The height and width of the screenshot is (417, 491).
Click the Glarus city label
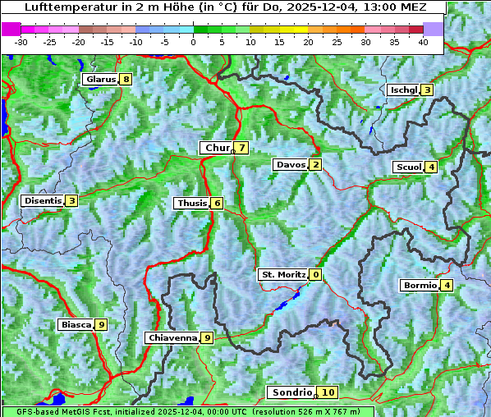pos(99,80)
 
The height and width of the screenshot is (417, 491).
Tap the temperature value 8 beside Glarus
pos(125,80)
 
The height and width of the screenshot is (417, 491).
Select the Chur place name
pos(217,148)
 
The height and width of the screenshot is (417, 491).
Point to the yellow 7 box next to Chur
pos(242,148)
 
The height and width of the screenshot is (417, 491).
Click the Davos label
pos(290,164)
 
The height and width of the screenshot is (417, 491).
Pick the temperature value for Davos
pos(315,164)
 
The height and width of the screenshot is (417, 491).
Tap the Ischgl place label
pos(403,89)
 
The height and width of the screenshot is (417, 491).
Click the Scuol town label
pos(408,167)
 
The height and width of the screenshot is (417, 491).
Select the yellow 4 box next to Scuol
pos(431,167)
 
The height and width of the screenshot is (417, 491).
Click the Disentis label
pos(43,200)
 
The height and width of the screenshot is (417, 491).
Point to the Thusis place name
pos(191,203)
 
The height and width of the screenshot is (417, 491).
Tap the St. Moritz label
pos(282,274)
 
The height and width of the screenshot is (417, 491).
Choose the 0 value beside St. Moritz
pos(315,274)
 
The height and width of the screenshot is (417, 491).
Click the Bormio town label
pos(420,286)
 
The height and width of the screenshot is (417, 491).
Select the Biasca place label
pos(76,324)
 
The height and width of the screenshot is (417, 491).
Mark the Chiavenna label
pos(172,337)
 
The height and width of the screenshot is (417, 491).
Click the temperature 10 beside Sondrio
pos(328,392)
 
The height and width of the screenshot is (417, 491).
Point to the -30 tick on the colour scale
pos(21,41)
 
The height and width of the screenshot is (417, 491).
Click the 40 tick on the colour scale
pos(423,41)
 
